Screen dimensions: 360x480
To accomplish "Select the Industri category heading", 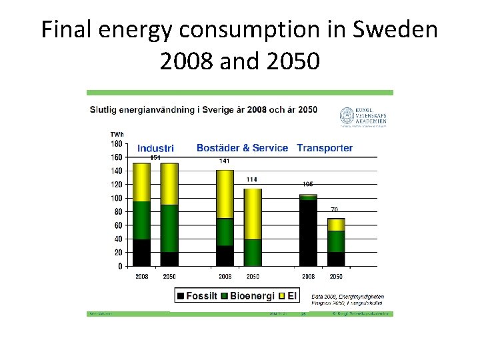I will (155, 148).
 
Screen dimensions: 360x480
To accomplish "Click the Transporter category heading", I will (325, 148).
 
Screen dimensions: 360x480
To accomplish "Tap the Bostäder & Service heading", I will (242, 148).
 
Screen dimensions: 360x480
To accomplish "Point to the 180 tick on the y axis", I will (116, 143).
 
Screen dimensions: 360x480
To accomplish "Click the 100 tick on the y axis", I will (116, 198).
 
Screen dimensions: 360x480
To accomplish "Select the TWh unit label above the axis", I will (117, 134).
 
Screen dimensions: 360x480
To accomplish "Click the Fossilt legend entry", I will (198, 295).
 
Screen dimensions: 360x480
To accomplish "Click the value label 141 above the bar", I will (225, 161).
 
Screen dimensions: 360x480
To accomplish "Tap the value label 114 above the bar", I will (252, 179).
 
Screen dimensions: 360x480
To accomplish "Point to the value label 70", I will (335, 210).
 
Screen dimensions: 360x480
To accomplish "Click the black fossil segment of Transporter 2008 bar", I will (308, 233).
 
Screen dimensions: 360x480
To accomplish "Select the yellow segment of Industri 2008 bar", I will (141, 182).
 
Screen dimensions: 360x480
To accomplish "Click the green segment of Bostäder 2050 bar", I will (252, 253).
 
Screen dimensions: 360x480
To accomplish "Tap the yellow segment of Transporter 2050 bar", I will (336, 225).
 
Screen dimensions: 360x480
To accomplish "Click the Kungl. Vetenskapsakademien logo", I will (363, 116).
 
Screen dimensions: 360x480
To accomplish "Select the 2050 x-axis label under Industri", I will (169, 276).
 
